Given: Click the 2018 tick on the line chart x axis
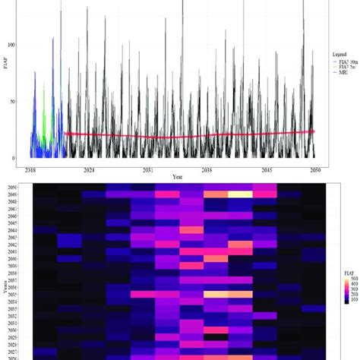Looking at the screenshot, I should pyautogui.click(x=31, y=169).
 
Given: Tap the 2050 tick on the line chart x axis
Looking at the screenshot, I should pyautogui.click(x=313, y=169).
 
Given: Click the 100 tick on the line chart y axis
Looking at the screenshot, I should pyautogui.click(x=11, y=45).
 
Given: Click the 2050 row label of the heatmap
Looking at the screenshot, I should pyautogui.click(x=11, y=187).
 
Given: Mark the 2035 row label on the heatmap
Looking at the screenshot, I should pyautogui.click(x=11, y=293).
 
